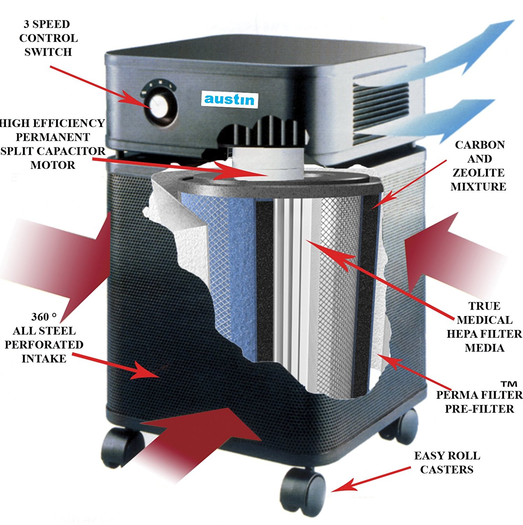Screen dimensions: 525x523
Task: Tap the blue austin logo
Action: (x=229, y=99)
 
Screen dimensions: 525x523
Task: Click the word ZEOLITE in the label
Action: (x=478, y=173)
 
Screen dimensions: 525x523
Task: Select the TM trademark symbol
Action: (x=508, y=384)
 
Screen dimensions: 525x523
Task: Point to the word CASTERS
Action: (x=446, y=470)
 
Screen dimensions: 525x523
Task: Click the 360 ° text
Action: (x=44, y=317)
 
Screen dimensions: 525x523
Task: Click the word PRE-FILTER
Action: (x=479, y=409)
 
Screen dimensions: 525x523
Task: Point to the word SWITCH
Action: (x=48, y=52)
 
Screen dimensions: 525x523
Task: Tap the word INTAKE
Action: (x=44, y=359)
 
